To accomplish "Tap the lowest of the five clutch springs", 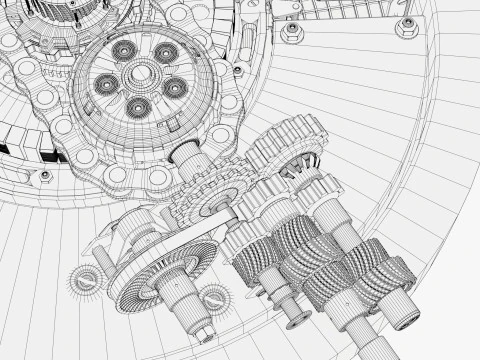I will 137,107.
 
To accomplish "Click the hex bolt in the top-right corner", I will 406,27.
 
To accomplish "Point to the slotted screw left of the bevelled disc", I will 83,279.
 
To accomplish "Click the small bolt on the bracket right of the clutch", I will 238,71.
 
